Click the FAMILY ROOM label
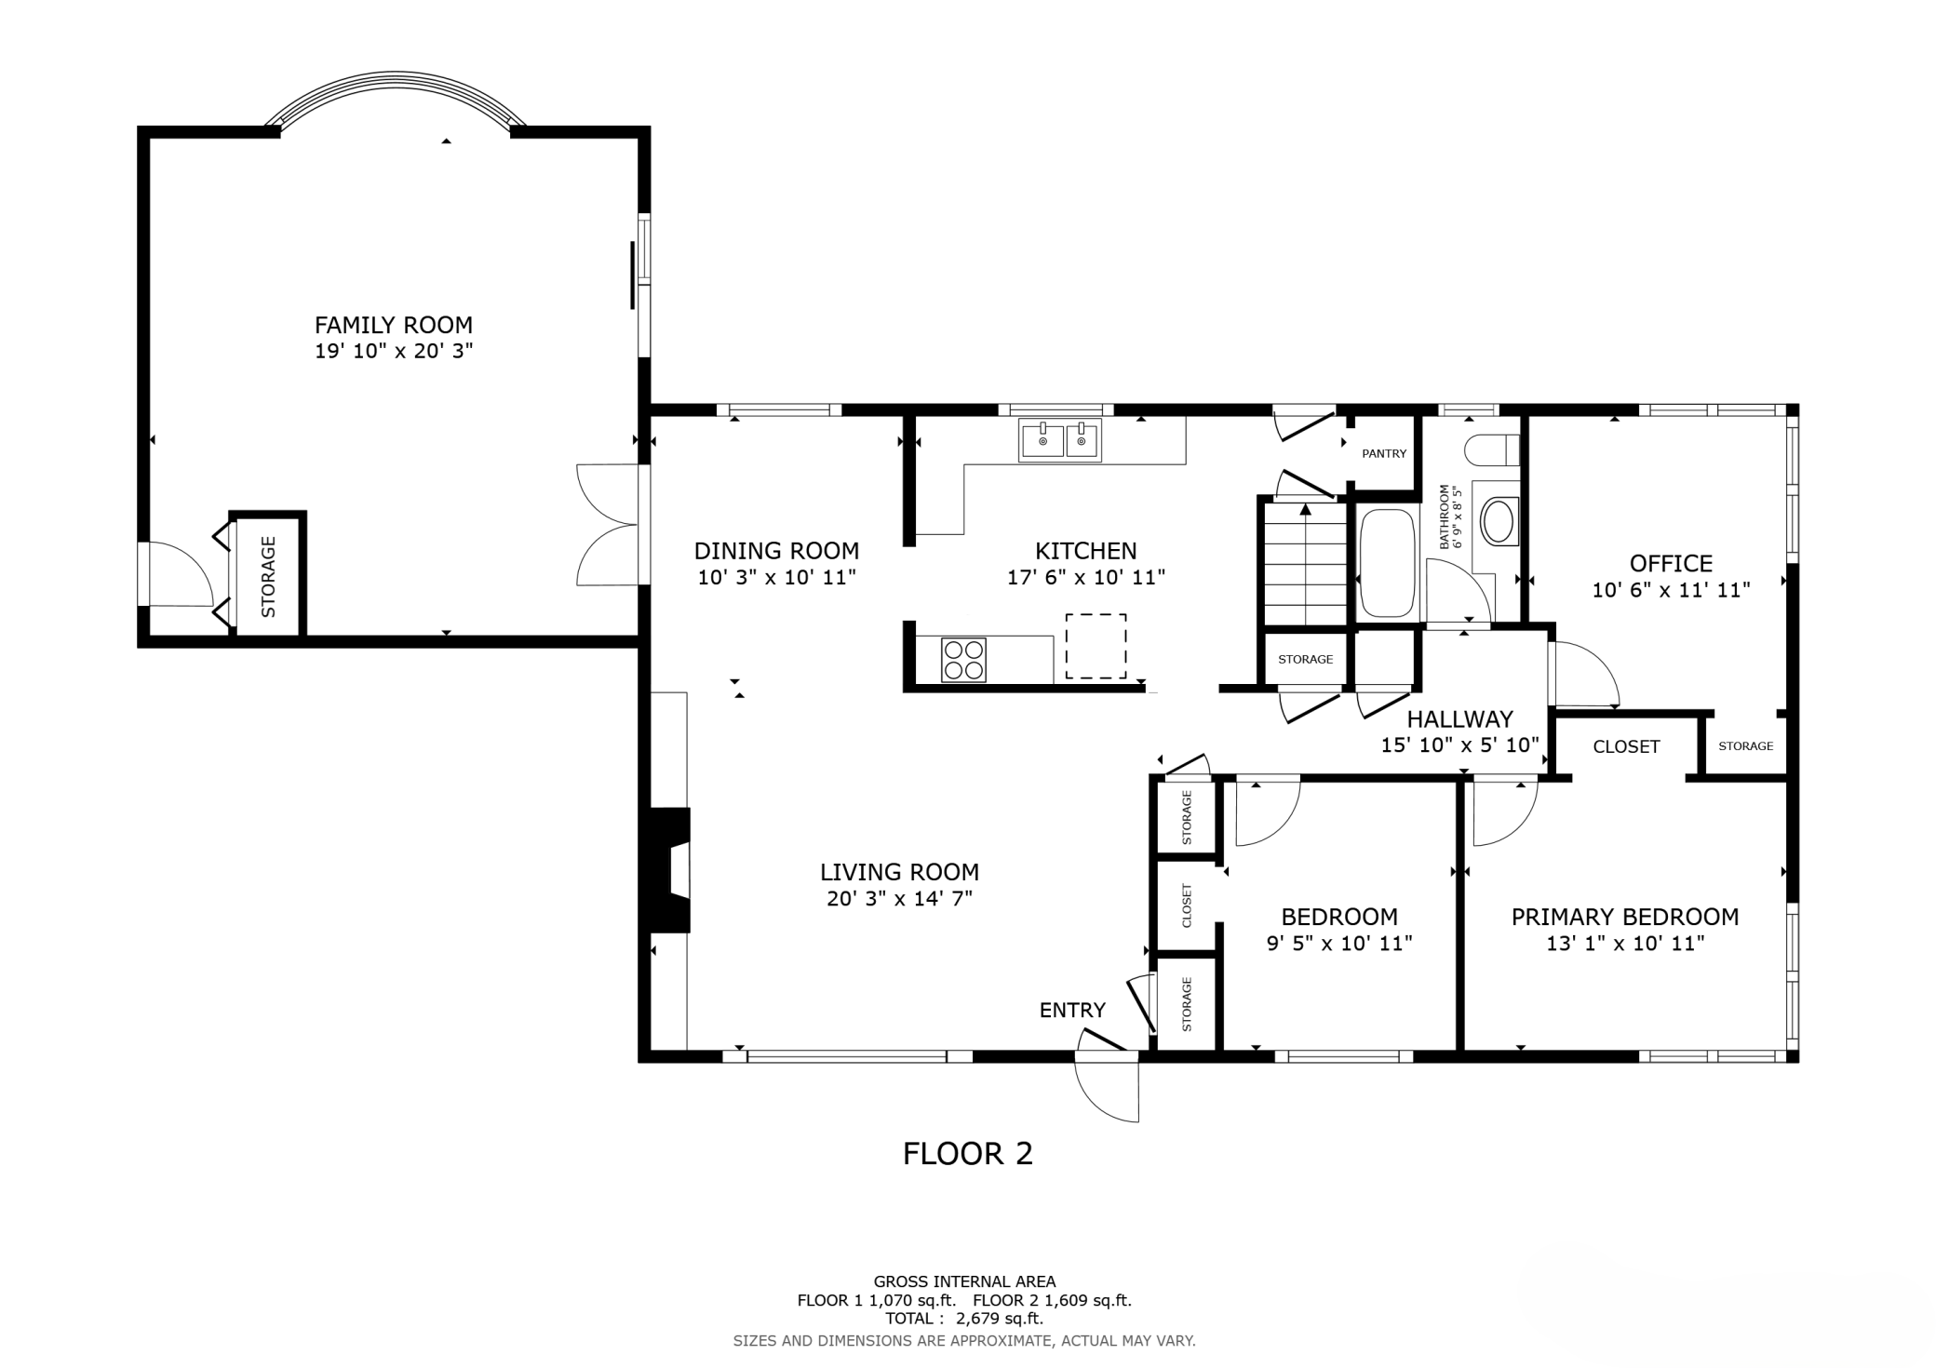click(394, 325)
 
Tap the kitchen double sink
click(1059, 440)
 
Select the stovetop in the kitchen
click(963, 660)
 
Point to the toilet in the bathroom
click(1492, 451)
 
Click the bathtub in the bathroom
click(1387, 563)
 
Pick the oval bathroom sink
click(1498, 522)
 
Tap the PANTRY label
click(1384, 454)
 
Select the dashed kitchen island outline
click(1096, 646)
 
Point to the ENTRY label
click(1072, 1010)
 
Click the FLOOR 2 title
click(968, 1154)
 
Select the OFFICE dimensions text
click(1671, 590)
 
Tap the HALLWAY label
click(1459, 719)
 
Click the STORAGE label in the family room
click(268, 577)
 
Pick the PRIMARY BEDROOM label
click(1625, 918)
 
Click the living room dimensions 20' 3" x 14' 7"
click(899, 899)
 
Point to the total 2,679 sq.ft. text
click(964, 1319)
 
